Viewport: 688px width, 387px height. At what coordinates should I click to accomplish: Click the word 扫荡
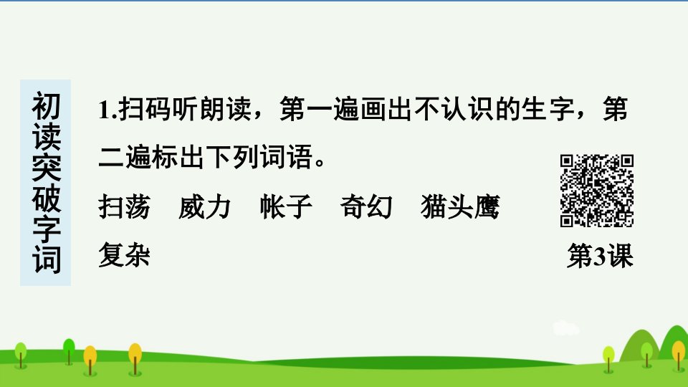point(124,206)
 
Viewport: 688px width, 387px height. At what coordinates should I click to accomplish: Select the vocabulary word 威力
point(204,206)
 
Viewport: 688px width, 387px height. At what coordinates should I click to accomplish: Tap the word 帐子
point(286,206)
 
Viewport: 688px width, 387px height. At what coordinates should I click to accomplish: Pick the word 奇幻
point(366,206)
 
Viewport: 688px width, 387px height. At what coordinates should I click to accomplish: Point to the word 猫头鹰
point(460,206)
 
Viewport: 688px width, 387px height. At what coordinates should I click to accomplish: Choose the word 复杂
point(124,254)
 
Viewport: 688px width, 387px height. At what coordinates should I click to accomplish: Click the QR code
point(597,191)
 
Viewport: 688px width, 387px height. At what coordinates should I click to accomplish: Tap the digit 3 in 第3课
point(599,256)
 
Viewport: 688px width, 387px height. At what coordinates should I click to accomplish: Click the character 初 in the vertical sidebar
point(46,106)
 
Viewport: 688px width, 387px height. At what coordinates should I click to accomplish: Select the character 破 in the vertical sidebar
point(46,198)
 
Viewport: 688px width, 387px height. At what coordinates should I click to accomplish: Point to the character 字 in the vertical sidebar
point(46,229)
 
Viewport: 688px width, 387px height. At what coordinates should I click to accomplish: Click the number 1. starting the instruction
point(107,110)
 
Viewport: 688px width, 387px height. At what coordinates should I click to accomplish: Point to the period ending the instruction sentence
point(320,163)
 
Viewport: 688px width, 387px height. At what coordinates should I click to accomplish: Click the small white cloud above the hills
point(566,328)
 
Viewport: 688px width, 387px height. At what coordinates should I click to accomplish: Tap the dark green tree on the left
point(69,351)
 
